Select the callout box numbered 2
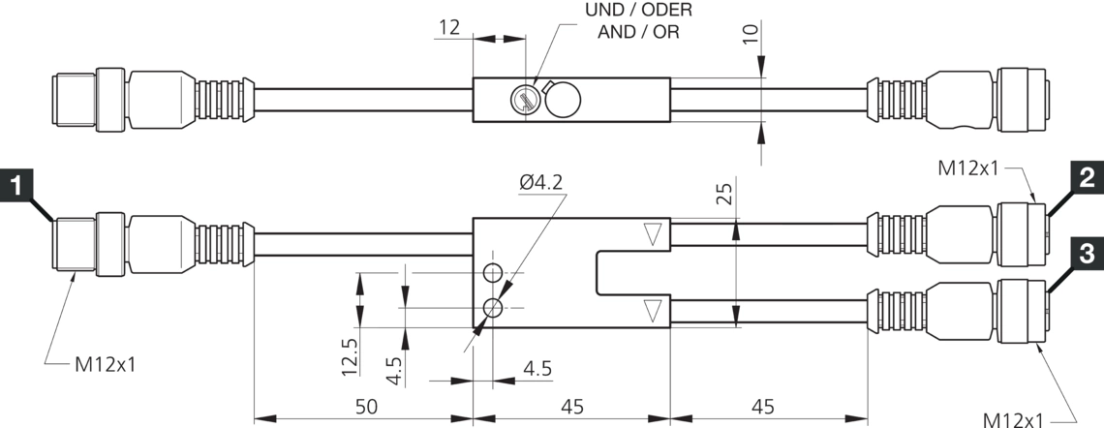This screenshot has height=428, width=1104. pyautogui.click(x=1087, y=178)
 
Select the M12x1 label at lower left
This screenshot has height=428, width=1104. pyautogui.click(x=106, y=365)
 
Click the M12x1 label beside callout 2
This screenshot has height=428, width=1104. pyautogui.click(x=971, y=168)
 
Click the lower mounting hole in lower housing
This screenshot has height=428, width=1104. pyautogui.click(x=494, y=308)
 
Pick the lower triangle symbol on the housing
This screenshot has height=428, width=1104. pyautogui.click(x=652, y=310)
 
